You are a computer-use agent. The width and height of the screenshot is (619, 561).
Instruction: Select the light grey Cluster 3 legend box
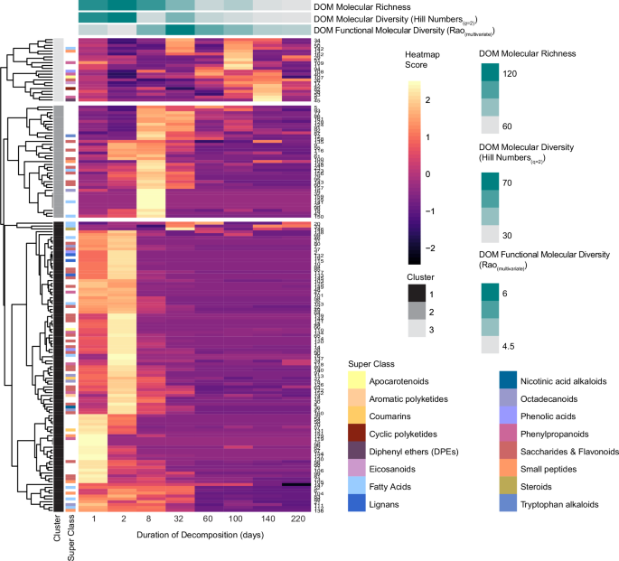(x=417, y=331)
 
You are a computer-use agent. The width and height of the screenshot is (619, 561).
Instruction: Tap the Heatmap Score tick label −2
(x=448, y=246)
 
